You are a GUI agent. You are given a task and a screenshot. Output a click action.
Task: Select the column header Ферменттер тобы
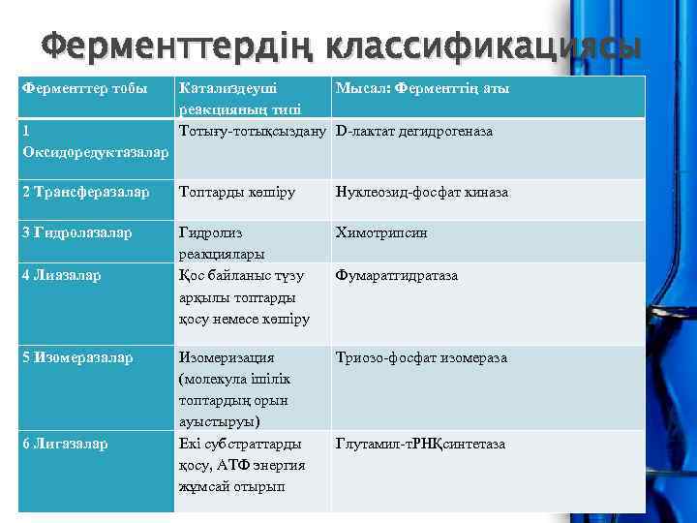[x=84, y=89]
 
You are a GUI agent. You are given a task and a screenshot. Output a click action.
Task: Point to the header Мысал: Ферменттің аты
[x=422, y=89]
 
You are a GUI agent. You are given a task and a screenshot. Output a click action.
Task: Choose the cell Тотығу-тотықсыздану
[x=253, y=131]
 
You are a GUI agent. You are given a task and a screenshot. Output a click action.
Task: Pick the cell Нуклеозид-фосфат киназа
[x=422, y=193]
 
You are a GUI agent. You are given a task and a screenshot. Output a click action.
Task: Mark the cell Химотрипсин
[x=381, y=233]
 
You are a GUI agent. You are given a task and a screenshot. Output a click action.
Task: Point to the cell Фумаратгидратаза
[x=397, y=276]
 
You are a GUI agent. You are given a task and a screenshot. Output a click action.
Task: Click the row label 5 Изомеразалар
[x=83, y=358]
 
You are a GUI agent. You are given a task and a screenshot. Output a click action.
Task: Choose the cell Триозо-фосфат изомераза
[x=421, y=358]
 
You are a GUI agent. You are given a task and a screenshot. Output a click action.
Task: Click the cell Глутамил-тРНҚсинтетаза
[x=420, y=445]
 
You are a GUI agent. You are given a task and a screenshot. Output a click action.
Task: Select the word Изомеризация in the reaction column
[x=227, y=358]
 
